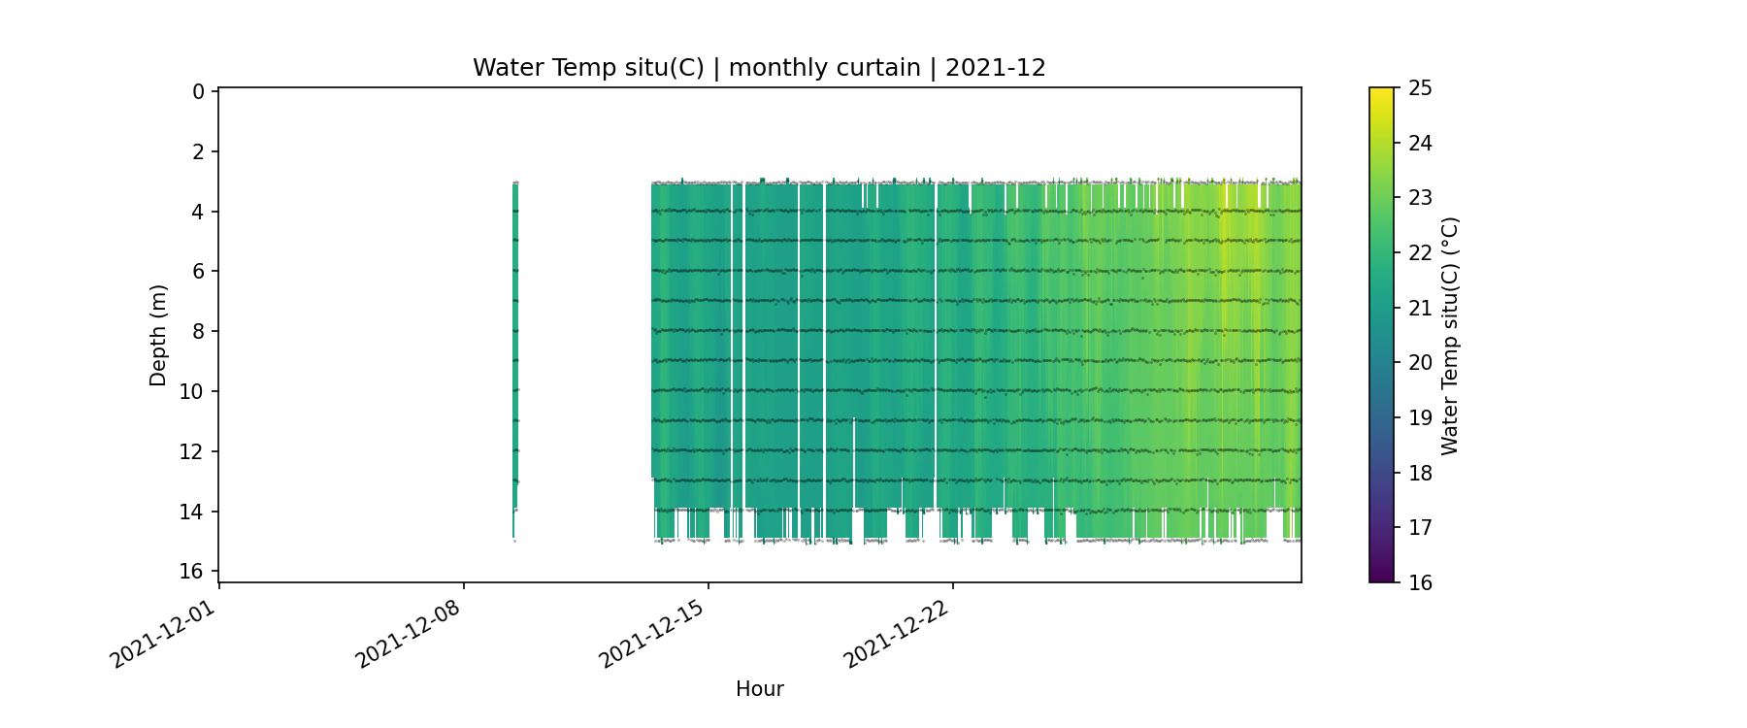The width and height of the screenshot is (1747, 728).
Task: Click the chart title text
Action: point(759,68)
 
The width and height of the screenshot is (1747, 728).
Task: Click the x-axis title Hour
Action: point(759,689)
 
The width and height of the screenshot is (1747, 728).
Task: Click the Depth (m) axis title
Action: point(158,335)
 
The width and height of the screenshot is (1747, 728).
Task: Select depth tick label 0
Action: point(198,92)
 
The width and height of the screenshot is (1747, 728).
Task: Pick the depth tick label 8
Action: point(198,332)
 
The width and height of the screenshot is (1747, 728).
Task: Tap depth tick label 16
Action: point(192,571)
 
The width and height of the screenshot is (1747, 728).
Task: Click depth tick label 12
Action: point(192,451)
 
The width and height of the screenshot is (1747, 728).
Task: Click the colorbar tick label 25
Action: point(1420,88)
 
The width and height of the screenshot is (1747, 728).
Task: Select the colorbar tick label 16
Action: point(1420,582)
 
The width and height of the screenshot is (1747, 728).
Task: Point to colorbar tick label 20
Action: point(1420,363)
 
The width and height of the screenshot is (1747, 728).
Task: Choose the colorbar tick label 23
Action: point(1420,198)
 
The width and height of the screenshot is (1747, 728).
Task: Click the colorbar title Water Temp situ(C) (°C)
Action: point(1450,335)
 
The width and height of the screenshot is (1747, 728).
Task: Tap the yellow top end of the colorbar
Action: point(1381,93)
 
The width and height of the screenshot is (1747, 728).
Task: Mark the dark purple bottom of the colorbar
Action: point(1381,577)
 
